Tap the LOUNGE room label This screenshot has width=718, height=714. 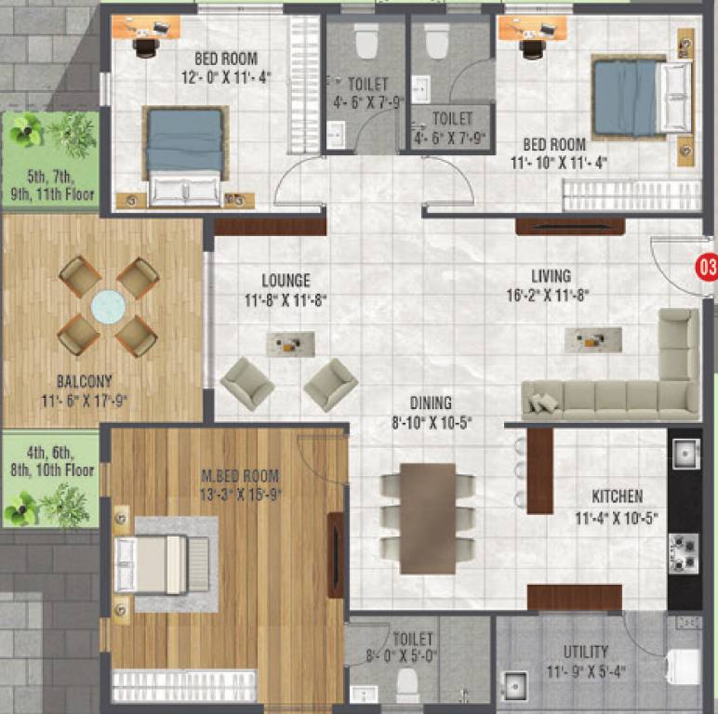tap(286, 281)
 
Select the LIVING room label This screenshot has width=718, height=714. tap(551, 276)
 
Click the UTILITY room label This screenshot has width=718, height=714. tap(586, 652)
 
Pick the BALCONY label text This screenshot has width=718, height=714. tap(84, 380)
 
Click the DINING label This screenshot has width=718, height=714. tap(431, 403)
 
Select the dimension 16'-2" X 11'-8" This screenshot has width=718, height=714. tap(551, 295)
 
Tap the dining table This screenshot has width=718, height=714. tap(428, 518)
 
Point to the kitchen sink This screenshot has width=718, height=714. tap(685, 454)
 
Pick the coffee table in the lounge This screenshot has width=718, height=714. tap(290, 344)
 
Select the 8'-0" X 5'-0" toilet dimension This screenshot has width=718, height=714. tap(412, 656)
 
